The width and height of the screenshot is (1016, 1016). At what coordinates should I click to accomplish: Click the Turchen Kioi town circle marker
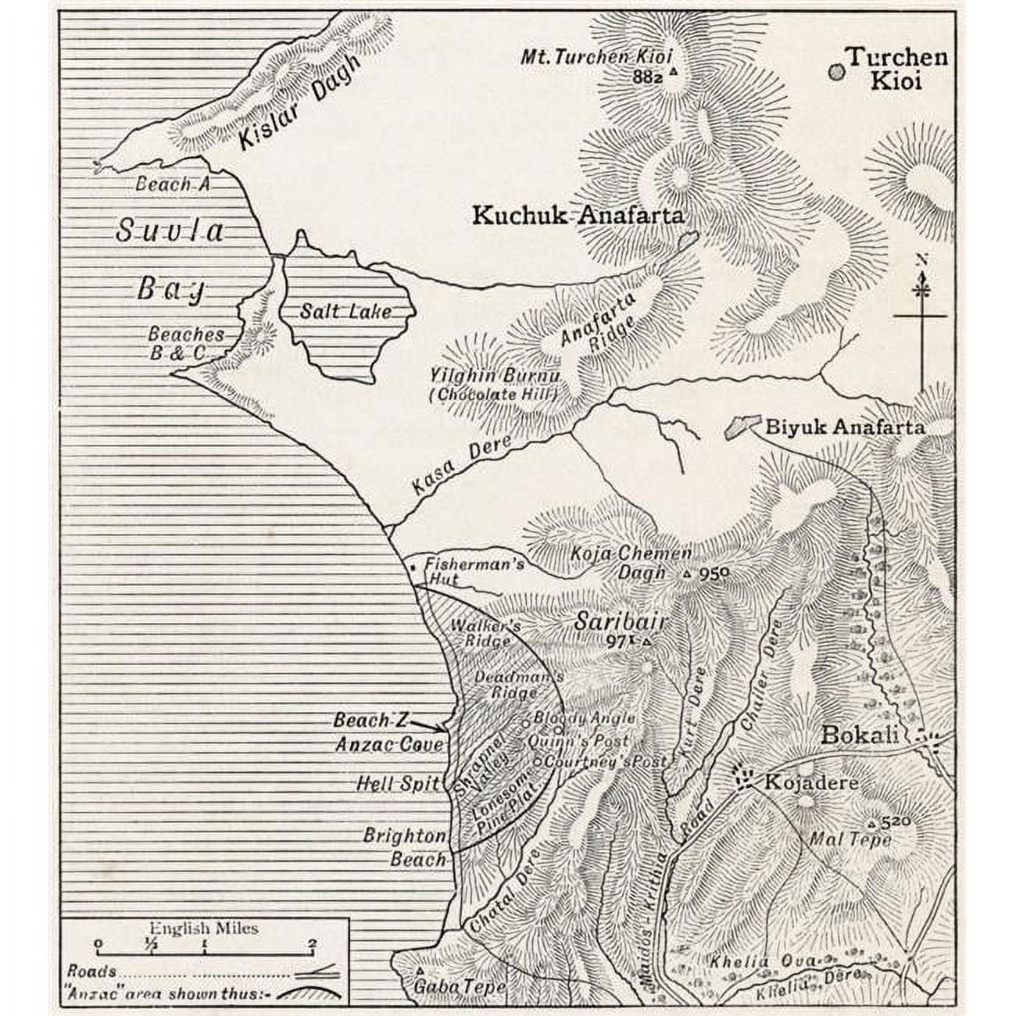point(836,71)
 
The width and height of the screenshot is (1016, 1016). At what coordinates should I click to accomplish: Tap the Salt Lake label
point(345,312)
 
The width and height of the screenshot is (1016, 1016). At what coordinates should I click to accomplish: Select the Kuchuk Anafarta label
point(578,216)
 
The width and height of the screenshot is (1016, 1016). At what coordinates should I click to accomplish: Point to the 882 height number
point(648,77)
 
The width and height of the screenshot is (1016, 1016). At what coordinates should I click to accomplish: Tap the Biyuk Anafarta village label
point(844,428)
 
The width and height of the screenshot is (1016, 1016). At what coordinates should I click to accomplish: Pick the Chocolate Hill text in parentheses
point(493,395)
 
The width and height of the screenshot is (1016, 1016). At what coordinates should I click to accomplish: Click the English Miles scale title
point(203,928)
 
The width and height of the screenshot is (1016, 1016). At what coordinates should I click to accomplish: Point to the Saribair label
point(620,622)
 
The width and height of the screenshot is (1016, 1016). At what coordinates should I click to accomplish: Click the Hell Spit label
point(398,783)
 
